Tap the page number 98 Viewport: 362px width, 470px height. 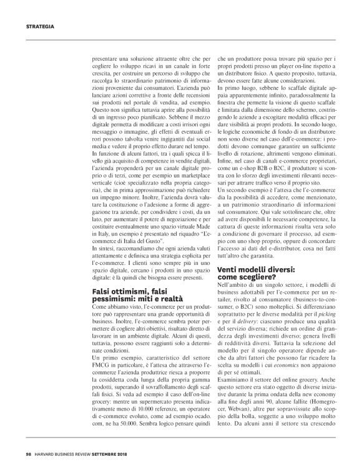(28, 456)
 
